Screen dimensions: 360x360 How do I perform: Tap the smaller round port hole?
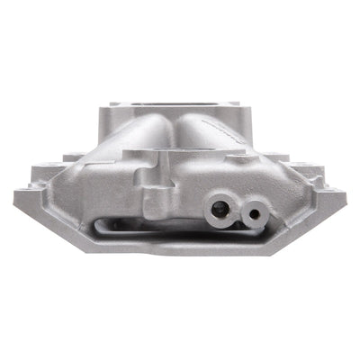[256, 214]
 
